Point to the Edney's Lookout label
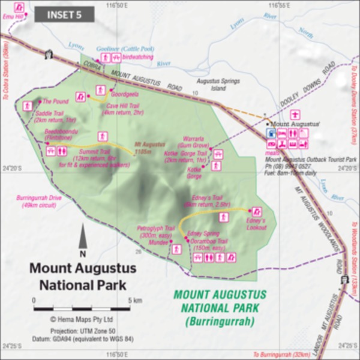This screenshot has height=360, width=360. (x=256, y=224)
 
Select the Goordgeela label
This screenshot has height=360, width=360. (x=125, y=94)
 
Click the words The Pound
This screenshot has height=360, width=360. (x=56, y=102)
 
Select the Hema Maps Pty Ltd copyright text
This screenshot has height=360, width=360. (x=82, y=319)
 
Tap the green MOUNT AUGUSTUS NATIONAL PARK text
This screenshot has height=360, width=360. (x=220, y=308)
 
